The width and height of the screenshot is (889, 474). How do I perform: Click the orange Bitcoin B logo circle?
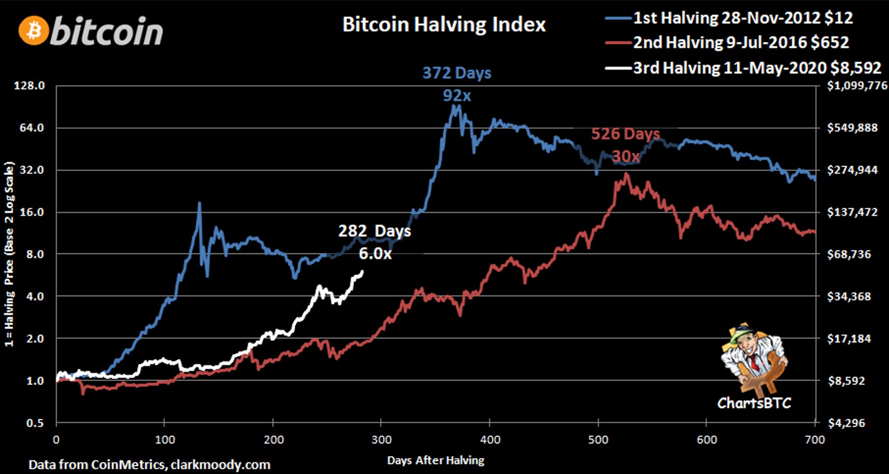[x=34, y=31]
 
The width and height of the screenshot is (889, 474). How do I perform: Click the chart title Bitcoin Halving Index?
[x=444, y=25]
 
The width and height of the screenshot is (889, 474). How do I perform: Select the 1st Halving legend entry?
[x=742, y=18]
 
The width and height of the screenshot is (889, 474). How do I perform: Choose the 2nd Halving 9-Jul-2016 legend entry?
[x=741, y=43]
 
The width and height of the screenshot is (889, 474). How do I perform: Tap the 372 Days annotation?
[x=457, y=73]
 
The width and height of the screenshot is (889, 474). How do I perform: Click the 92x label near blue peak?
[x=457, y=95]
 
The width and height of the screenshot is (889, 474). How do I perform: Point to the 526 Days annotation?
[x=625, y=133]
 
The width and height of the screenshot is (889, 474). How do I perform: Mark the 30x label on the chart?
[x=626, y=156]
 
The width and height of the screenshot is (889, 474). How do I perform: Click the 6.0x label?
[x=375, y=253]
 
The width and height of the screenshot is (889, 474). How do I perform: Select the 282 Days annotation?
[x=374, y=231]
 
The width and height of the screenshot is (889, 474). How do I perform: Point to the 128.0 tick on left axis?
[x=29, y=86]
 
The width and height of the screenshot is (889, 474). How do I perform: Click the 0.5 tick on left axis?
[x=35, y=423]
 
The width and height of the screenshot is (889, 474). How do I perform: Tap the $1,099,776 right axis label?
[x=857, y=86]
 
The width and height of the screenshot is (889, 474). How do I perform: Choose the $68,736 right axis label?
[x=849, y=254]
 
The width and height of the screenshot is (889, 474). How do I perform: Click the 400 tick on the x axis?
[x=490, y=440]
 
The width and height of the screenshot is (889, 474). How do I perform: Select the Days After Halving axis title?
[x=436, y=460]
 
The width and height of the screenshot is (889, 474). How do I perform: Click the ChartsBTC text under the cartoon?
[x=754, y=403]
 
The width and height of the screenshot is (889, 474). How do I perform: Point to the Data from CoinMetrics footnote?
[x=149, y=464]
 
